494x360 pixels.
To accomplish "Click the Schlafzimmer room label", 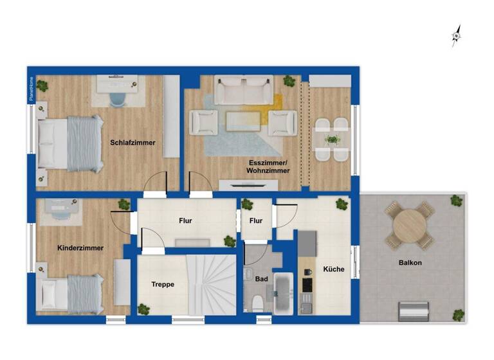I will (133, 143).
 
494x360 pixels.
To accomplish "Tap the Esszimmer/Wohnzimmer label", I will (269, 166).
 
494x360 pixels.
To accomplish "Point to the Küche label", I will (333, 270).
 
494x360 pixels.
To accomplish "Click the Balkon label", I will (410, 262).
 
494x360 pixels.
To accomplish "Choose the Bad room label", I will (261, 280).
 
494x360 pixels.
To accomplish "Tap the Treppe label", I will (163, 284).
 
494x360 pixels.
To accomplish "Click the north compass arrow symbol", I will (457, 36).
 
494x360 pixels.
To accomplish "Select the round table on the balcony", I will (410, 225).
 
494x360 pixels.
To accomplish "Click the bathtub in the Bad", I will (283, 294).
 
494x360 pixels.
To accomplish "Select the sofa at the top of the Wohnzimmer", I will (244, 90).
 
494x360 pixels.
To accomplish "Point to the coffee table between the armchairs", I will (244, 120).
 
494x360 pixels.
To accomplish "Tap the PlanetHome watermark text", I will (30, 89).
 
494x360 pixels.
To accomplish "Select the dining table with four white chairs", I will (332, 139).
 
